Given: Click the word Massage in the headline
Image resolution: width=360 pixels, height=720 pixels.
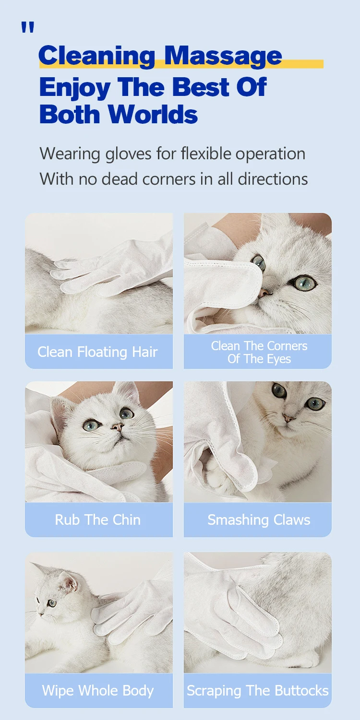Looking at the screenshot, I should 223,57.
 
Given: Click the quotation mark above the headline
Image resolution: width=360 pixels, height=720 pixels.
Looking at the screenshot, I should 28,28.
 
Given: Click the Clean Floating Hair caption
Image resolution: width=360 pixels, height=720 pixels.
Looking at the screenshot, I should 97,352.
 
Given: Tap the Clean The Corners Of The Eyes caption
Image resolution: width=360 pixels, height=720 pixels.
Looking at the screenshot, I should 259,353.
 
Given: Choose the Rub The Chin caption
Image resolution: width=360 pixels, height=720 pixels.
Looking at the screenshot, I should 97,520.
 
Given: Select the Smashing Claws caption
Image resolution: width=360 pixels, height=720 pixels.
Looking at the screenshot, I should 259,520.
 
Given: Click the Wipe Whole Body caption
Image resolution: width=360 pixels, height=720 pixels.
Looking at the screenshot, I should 97,691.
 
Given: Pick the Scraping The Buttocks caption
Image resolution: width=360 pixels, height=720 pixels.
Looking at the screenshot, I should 258,691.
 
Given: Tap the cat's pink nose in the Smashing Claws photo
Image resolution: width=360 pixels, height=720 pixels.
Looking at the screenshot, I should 288,418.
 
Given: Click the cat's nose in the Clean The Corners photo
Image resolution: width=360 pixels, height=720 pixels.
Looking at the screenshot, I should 264,292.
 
